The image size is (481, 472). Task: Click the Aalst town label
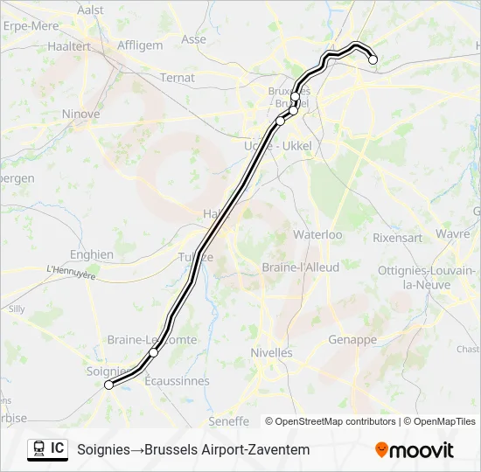[x=90, y=10]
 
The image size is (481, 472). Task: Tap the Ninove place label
[x=80, y=114]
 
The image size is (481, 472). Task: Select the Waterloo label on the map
[x=317, y=235]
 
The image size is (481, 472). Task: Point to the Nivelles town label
[x=271, y=352]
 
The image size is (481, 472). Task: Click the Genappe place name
[x=352, y=339]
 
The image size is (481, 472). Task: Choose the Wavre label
[x=453, y=234]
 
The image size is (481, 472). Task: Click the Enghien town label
[x=92, y=254]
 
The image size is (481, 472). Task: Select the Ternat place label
[x=178, y=78]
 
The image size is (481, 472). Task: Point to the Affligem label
[x=140, y=45]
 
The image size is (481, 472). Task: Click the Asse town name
[x=193, y=39]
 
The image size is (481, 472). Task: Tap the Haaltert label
[x=69, y=46]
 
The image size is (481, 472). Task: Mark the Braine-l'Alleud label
[x=300, y=267]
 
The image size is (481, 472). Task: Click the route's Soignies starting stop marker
[x=108, y=385]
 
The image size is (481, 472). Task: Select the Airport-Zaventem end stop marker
[x=373, y=59]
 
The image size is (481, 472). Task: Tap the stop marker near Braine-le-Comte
[x=153, y=352]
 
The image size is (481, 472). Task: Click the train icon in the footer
[x=39, y=449]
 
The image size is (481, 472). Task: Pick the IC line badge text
[x=57, y=448]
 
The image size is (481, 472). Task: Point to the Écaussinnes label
[x=177, y=381]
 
